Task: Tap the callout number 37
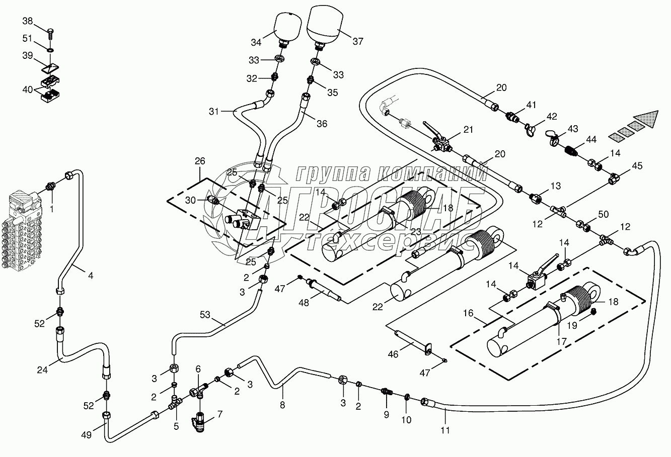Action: click(x=358, y=42)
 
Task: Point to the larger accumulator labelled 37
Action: click(x=323, y=24)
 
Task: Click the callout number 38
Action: click(x=28, y=21)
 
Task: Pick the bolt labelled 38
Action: click(x=50, y=34)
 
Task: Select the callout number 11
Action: click(x=445, y=430)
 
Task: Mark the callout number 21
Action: click(x=469, y=130)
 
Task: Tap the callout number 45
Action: click(x=637, y=166)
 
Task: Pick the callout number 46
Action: click(x=393, y=354)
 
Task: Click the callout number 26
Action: click(x=200, y=161)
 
